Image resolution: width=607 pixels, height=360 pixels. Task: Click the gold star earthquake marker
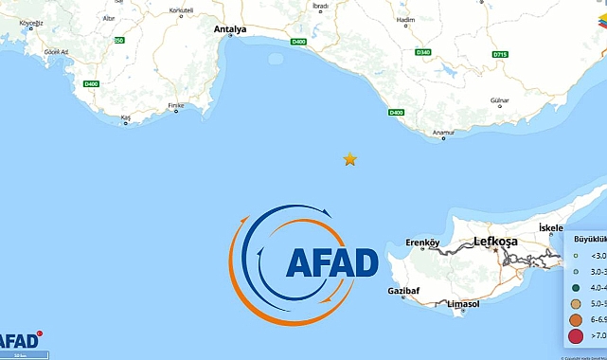[x=350, y=159]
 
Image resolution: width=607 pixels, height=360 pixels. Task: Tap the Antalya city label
[x=230, y=29]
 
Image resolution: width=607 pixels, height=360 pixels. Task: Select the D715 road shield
[x=500, y=55]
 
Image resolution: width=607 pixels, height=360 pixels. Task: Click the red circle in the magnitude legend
[x=575, y=334]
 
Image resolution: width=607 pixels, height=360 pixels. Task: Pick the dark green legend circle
[x=575, y=287]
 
